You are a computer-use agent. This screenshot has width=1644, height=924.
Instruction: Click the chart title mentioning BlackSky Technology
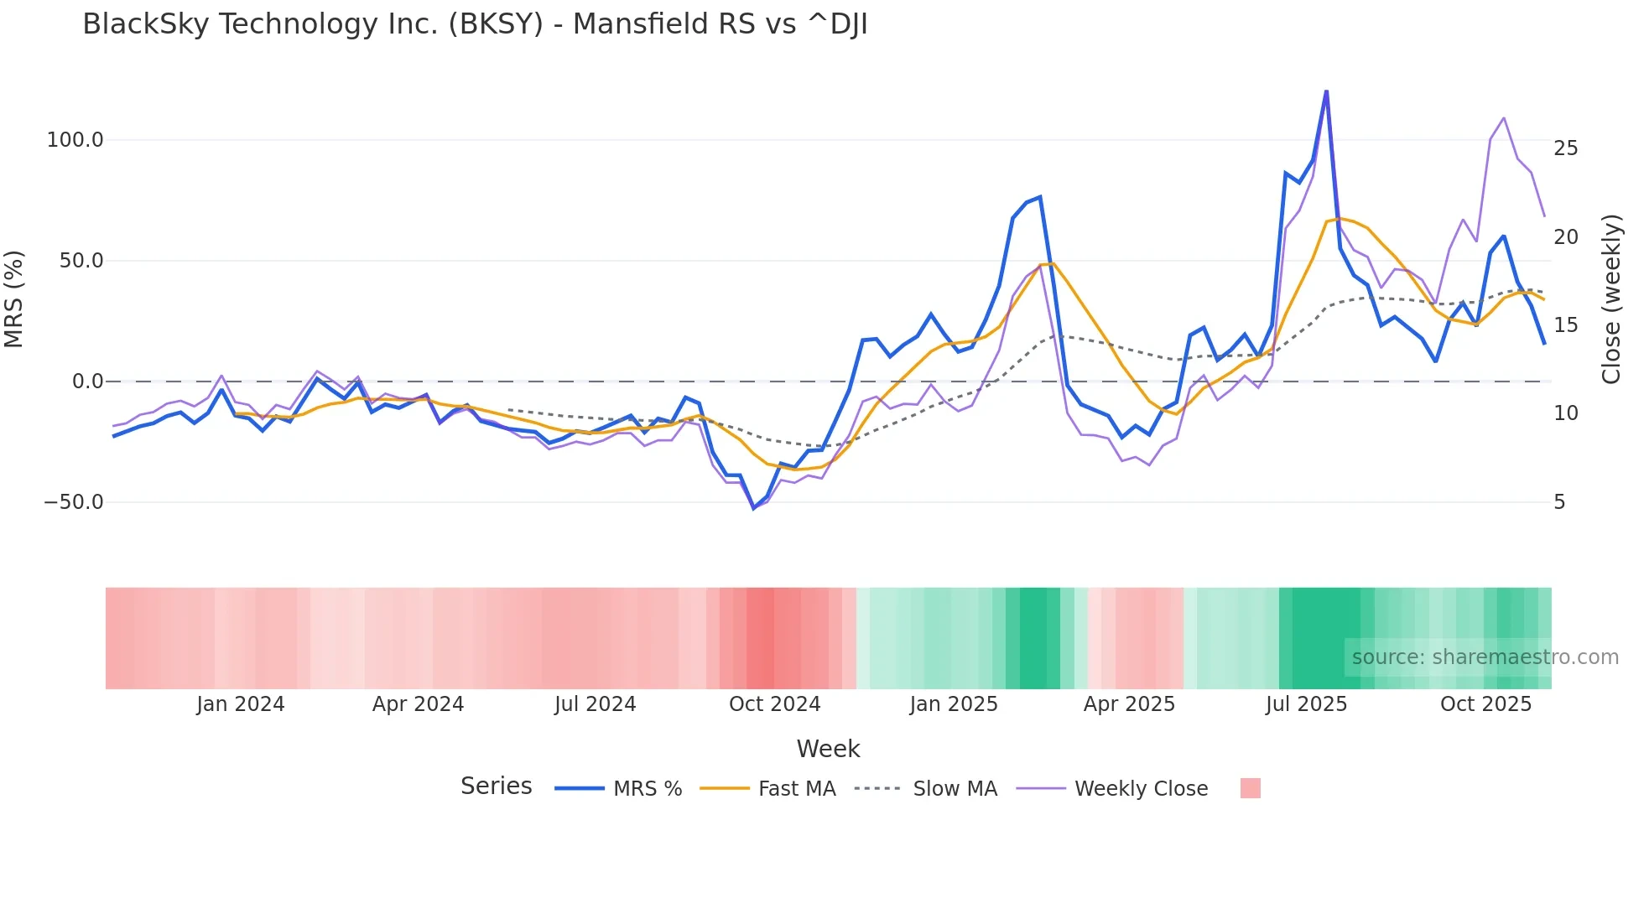475,24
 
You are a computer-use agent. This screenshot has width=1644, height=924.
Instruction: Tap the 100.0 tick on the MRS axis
75,140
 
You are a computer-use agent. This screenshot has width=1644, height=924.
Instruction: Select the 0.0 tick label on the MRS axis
87,382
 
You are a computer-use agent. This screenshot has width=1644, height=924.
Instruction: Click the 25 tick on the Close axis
1565,148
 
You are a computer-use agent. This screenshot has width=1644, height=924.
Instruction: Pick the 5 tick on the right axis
1559,502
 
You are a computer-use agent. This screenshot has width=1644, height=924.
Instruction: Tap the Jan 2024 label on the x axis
241,704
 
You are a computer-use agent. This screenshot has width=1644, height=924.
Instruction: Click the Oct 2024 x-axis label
774,704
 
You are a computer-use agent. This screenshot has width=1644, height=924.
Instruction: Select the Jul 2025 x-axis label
1306,704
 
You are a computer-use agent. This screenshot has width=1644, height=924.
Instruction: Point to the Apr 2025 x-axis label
1129,704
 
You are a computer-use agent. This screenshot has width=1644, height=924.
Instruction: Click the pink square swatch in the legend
1250,788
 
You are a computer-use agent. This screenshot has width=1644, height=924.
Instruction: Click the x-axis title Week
828,749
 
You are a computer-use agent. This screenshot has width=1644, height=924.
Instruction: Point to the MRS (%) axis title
14,299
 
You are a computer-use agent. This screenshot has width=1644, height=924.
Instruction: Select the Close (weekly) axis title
1611,299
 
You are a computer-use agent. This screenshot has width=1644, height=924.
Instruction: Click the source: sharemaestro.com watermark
1485,657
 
